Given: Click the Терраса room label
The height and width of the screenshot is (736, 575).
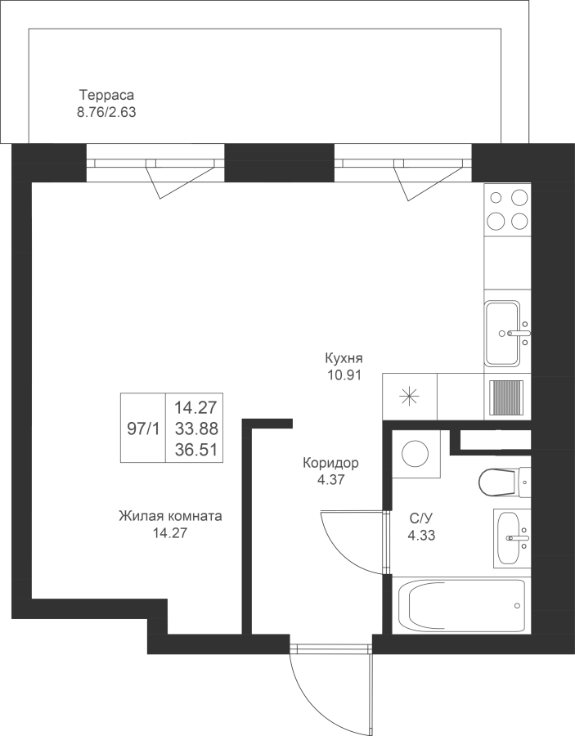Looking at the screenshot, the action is pos(106,96).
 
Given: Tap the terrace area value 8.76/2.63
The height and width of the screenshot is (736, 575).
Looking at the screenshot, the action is pos(106,113).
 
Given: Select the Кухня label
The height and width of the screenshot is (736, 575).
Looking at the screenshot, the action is pos(344,359).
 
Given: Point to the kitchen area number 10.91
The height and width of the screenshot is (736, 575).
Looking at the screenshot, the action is pos(344,375).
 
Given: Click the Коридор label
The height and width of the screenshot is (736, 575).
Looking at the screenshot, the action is pos(330,464).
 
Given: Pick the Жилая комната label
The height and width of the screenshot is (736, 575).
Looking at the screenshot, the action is pos(170,516).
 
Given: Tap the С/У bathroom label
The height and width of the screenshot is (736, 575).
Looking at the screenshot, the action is pos(420,518).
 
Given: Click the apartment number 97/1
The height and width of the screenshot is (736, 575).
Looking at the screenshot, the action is pos(143,429).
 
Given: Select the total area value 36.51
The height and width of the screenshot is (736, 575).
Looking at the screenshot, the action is pos(196,450).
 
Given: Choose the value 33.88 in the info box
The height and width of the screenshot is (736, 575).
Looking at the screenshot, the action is pos(196,429).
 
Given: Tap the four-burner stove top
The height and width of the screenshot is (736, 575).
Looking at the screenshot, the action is pos(507,209).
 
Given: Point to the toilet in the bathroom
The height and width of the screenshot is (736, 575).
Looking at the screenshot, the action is pos(505,482).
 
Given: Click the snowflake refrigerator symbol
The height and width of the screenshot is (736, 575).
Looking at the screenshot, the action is pos(409,397).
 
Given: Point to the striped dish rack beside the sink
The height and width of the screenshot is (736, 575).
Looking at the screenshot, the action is pos(506,397).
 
